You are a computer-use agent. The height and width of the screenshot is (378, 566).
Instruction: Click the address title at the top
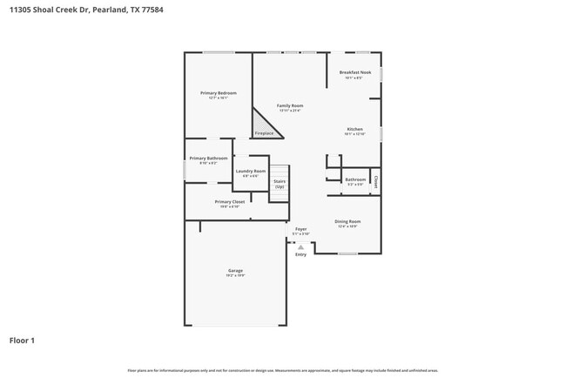tap(84, 10)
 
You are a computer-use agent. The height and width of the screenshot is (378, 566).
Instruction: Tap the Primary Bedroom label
tap(218, 92)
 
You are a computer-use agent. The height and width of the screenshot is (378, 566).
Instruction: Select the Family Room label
tap(290, 105)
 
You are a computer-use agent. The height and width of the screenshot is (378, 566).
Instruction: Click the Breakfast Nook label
tap(354, 72)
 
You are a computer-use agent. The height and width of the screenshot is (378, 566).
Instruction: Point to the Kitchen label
tap(354, 129)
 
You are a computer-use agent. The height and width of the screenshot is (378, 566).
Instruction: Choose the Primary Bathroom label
tap(208, 158)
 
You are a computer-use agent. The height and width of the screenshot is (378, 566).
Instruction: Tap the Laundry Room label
tap(251, 171)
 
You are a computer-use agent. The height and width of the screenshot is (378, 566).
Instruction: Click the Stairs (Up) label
tap(280, 184)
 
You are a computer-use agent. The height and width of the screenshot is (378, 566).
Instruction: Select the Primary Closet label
tap(230, 201)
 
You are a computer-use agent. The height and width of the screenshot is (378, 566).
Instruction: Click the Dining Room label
tap(347, 221)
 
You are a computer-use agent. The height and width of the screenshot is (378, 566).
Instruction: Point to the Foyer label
tap(300, 229)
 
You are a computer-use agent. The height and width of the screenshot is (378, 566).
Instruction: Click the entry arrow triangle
tap(300, 246)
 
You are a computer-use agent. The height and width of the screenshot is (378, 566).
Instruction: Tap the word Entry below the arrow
tap(300, 254)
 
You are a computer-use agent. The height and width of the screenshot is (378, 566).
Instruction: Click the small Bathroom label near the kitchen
tap(355, 179)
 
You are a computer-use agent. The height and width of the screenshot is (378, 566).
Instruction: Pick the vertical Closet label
tap(376, 182)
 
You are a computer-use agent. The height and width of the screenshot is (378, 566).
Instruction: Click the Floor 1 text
tap(22, 341)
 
